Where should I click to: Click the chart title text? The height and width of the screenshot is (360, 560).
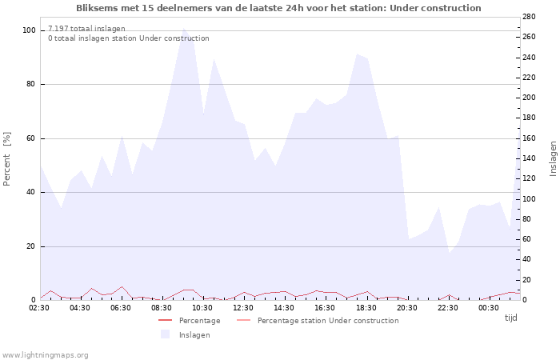tap(278, 8)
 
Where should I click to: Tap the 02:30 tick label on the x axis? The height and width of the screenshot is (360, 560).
tap(40, 308)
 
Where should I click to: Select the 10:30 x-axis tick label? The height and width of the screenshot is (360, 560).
tap(203, 308)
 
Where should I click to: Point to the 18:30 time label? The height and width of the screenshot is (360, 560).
tap(366, 308)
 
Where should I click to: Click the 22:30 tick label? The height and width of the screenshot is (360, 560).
tap(448, 308)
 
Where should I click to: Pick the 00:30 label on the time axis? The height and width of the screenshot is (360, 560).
tap(489, 308)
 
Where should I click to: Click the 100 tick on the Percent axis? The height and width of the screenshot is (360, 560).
tap(29, 30)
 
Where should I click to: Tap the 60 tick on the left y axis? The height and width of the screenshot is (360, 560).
tap(31, 138)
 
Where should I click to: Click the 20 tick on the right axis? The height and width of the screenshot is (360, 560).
tap(530, 280)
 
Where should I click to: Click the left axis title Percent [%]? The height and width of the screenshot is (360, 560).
tap(7, 158)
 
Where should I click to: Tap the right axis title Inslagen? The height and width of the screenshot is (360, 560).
tap(553, 158)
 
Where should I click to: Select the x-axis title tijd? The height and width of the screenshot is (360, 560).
tap(510, 318)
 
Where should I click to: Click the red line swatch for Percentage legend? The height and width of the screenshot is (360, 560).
tap(166, 321)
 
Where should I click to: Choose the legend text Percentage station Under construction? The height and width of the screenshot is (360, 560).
tap(328, 321)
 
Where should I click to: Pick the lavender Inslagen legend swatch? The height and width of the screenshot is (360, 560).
tap(166, 334)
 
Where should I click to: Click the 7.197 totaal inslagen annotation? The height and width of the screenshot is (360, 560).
tap(86, 29)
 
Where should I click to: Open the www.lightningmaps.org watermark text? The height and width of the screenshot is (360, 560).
tap(45, 355)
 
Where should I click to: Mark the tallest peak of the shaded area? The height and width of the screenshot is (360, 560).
tap(183, 29)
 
